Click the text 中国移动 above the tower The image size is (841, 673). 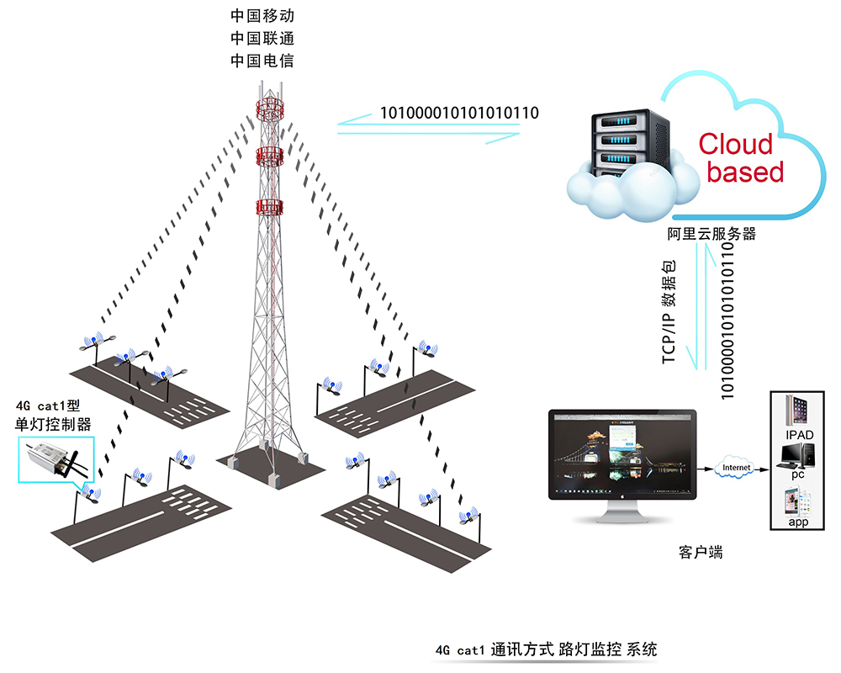(262, 16)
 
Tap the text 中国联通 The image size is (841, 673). (262, 39)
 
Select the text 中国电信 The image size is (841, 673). (262, 61)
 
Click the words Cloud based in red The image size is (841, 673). (737, 157)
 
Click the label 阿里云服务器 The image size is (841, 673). (711, 234)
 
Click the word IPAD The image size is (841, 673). (800, 436)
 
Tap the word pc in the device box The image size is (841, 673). (798, 475)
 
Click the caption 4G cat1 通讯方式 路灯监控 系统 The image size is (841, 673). (547, 649)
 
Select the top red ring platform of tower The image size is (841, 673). (271, 108)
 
